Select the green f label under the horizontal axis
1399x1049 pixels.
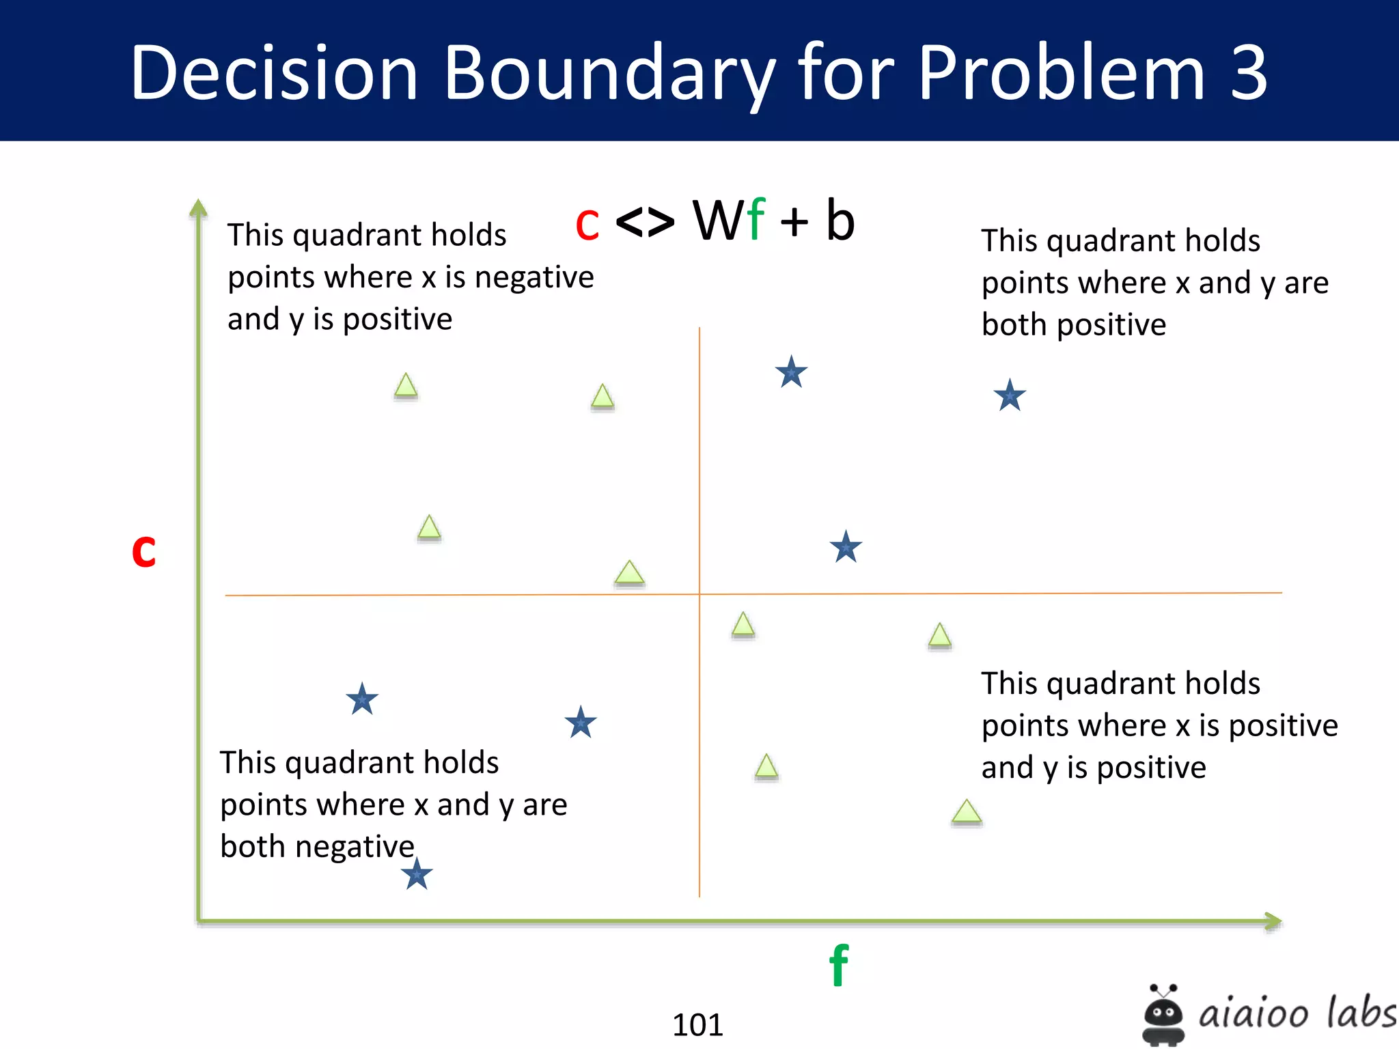(x=839, y=965)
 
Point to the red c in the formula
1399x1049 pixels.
(x=587, y=224)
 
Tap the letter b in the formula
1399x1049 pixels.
(x=840, y=221)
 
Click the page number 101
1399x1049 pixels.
(x=697, y=1024)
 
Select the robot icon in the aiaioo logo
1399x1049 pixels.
(x=1163, y=1014)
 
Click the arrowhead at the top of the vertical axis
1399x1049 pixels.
(x=198, y=207)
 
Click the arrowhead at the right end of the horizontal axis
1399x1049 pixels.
(x=1273, y=921)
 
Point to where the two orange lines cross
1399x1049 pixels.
(x=699, y=594)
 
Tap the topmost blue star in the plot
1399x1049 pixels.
(x=791, y=372)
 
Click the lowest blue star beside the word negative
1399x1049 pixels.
(x=417, y=875)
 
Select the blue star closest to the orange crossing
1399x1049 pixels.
(x=846, y=547)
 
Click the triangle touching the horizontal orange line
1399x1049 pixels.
(x=629, y=574)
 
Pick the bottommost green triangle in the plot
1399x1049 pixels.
(x=967, y=812)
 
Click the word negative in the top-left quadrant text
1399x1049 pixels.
(x=534, y=277)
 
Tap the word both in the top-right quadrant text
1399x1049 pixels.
(x=1014, y=324)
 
